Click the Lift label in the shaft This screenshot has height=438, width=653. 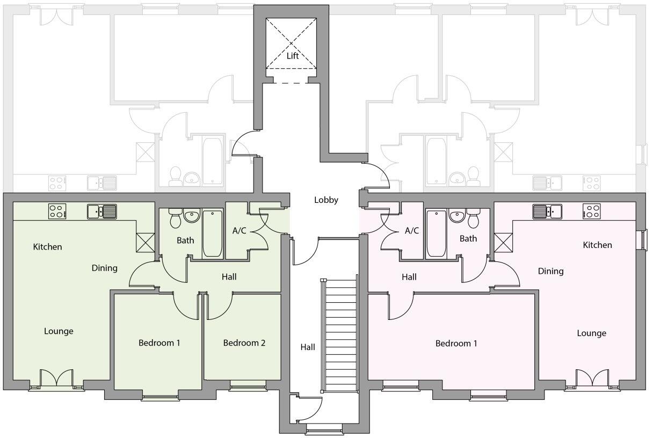coord(292,55)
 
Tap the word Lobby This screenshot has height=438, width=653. coord(326,200)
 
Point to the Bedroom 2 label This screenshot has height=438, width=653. coord(244,342)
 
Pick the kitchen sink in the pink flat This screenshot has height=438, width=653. coord(547,211)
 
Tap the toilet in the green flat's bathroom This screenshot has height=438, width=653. coord(175,218)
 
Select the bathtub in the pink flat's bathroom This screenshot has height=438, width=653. coord(436,234)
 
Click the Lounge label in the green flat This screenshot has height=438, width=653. coord(59,331)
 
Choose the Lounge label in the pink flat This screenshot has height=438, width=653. coord(591,333)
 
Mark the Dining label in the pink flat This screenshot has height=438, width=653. coord(550,271)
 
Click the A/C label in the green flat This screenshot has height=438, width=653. coord(239,231)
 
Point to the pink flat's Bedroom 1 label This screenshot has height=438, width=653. coord(456,343)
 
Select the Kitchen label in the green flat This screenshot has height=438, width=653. coord(47,247)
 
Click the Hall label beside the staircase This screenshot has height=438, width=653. coord(308,347)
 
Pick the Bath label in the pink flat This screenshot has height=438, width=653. coord(468,238)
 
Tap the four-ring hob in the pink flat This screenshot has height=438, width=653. coord(591,211)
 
